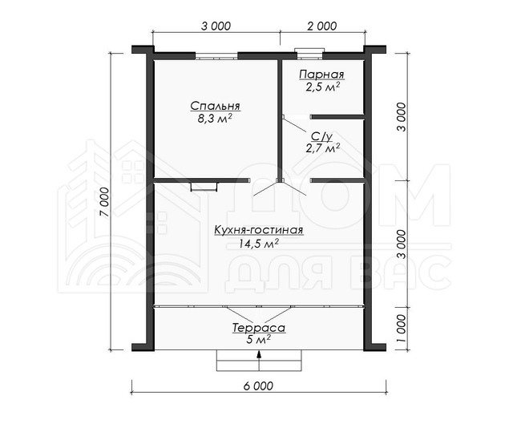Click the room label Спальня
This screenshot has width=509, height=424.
[215, 107]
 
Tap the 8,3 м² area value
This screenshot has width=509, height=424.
[214, 119]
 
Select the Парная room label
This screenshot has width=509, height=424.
[321, 75]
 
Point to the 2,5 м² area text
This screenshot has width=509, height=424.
[322, 87]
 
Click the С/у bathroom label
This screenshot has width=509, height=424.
[321, 137]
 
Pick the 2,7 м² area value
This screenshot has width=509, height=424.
[322, 149]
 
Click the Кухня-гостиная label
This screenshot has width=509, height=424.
[258, 230]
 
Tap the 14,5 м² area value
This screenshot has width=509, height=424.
[259, 244]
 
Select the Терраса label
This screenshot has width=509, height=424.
[259, 329]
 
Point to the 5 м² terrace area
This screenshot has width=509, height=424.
[259, 340]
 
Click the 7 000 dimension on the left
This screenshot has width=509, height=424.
[104, 202]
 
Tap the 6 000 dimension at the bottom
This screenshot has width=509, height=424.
[258, 386]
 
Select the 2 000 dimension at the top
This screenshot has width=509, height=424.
[321, 26]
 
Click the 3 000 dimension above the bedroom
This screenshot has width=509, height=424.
[216, 26]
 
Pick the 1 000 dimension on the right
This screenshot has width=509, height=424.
[402, 329]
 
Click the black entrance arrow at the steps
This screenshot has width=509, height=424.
[259, 354]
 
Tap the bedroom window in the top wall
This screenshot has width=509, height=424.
[216, 56]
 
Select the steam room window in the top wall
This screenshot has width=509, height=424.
[309, 55]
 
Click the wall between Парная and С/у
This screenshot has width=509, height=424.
[337, 117]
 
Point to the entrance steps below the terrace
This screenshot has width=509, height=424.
[259, 361]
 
